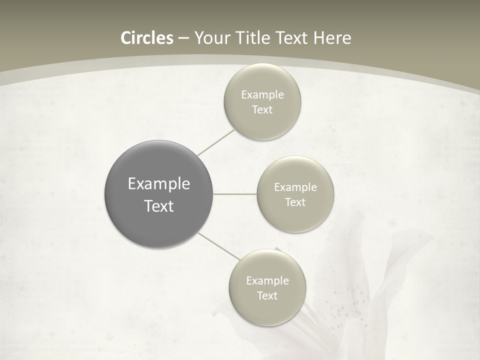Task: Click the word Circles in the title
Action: (x=146, y=38)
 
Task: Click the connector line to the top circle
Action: (x=216, y=141)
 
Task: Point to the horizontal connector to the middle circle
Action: (x=235, y=194)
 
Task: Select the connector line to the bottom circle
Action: (x=219, y=246)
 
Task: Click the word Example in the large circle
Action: (x=159, y=184)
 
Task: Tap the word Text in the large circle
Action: (x=159, y=206)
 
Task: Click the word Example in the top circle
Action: (x=262, y=95)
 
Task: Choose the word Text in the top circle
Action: (x=262, y=110)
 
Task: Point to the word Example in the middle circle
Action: (x=295, y=187)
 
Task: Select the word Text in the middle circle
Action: (x=295, y=202)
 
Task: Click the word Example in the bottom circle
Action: (x=267, y=281)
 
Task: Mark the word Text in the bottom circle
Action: (x=267, y=296)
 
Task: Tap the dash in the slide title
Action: (x=183, y=38)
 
